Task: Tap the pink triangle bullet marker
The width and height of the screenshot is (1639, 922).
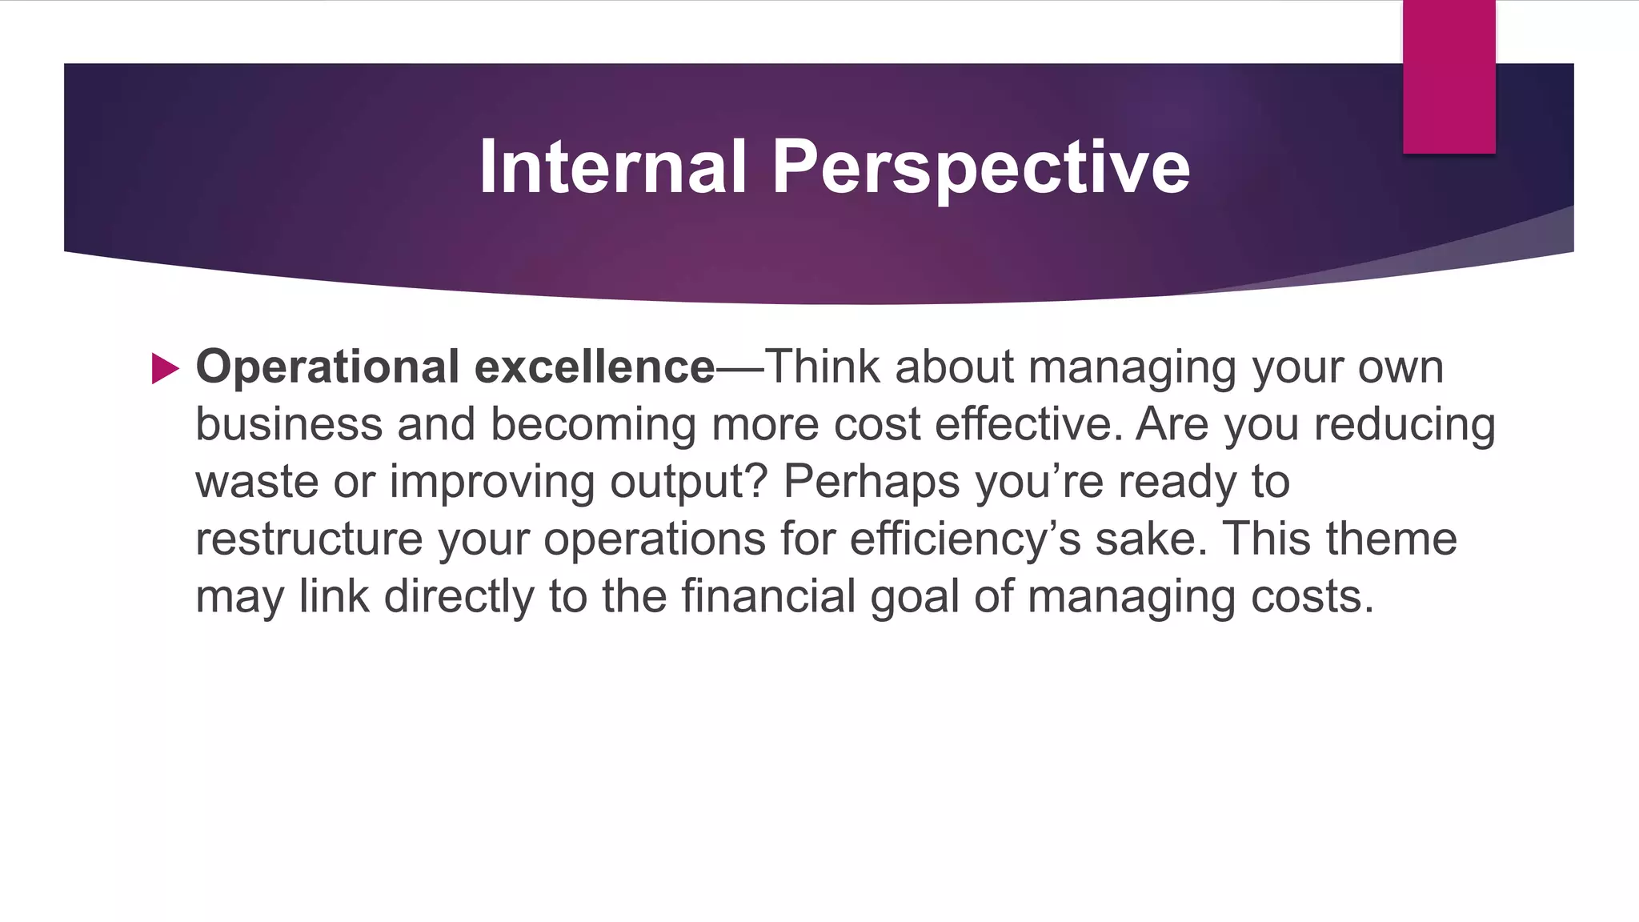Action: click(x=165, y=369)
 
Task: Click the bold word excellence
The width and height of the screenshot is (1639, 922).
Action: click(x=594, y=367)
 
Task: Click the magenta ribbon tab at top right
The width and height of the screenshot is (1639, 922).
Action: click(x=1449, y=76)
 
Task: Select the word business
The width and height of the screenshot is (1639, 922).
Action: click(x=289, y=424)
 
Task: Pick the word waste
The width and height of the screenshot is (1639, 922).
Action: click(x=257, y=482)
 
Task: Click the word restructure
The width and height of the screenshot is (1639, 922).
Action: click(x=308, y=539)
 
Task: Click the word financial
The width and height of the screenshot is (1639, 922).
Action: click(x=768, y=596)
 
